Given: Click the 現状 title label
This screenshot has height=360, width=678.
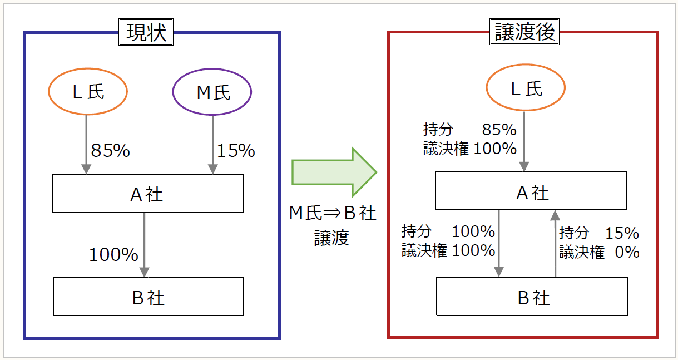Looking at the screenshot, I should coord(146,33).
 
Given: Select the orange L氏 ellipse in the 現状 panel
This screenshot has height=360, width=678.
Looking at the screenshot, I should coord(88,92).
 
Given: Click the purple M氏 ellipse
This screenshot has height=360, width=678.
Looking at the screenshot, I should coord(212,92).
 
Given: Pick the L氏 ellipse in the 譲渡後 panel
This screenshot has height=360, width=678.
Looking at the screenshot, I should coord(526,88).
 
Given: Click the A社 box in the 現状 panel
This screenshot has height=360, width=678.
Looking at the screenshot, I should coord(148,194).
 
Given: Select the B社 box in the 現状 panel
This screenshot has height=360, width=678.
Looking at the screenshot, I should coord(148,297).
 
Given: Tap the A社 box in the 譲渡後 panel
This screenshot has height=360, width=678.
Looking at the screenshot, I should coord(531,191).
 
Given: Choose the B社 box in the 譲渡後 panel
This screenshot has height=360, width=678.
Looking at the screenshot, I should coord(532,297).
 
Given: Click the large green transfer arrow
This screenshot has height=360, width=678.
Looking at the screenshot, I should coord(334,171).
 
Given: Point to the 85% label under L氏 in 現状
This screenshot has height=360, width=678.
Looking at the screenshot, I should coord(110,150).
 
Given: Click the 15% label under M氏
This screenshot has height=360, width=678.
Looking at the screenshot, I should coord(236,150).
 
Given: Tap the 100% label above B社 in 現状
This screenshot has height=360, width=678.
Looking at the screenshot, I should coord(113,255).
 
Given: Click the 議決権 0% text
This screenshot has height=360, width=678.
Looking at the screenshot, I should coord(599,252).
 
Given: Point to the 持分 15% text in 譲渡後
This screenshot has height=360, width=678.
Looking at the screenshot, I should coord(599,233).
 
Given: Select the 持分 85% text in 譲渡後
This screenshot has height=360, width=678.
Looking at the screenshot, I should coord(470,130).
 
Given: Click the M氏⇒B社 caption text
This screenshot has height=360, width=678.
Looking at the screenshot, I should coord(333,213).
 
